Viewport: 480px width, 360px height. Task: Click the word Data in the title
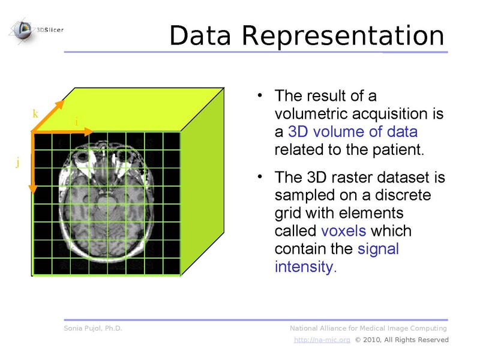[x=202, y=36]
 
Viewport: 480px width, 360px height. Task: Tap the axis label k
[x=35, y=113]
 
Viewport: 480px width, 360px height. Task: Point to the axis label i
[x=76, y=122]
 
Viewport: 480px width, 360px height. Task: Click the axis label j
[x=18, y=162]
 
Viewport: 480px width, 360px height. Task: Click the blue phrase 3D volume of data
[x=352, y=131]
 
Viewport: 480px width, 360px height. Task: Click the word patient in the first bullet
[x=401, y=149]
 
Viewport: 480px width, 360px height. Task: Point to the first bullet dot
[x=260, y=95]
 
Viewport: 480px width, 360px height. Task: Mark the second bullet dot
[x=260, y=177]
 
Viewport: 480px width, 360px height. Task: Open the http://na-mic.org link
[x=322, y=340]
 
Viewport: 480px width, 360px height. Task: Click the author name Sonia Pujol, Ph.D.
[x=93, y=328]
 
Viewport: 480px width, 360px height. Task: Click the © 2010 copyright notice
[x=401, y=340]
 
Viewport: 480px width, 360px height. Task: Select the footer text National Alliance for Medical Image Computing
[x=368, y=328]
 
